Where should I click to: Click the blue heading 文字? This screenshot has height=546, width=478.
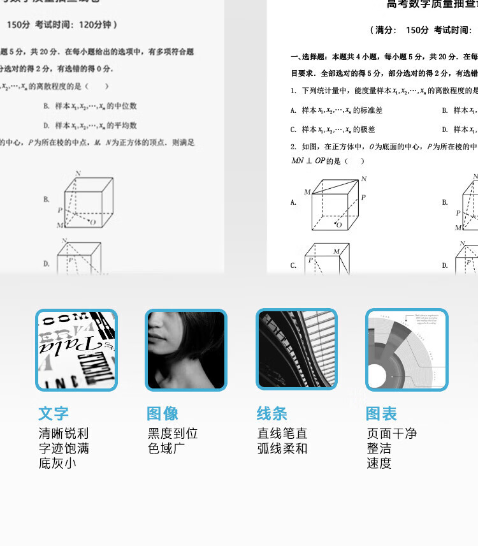click(54, 413)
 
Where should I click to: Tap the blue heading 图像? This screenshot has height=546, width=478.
click(163, 413)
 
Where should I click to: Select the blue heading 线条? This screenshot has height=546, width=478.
click(272, 413)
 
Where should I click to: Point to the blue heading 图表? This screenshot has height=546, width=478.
click(381, 413)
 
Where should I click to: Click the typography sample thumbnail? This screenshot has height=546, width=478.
click(76, 350)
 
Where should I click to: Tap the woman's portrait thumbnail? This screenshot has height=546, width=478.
click(186, 350)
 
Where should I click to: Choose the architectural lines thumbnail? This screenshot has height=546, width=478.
click(297, 350)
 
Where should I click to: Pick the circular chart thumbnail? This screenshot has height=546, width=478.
click(407, 350)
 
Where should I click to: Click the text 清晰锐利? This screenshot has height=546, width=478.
click(64, 434)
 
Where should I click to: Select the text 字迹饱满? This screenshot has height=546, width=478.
click(64, 448)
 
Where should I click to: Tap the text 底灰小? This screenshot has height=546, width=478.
click(57, 463)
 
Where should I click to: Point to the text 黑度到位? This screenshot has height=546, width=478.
click(173, 434)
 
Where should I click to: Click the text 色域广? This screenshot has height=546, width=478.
click(166, 448)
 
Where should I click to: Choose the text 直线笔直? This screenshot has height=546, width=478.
click(282, 434)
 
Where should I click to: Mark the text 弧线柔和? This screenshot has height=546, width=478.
click(282, 448)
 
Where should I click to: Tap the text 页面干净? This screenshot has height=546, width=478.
click(391, 434)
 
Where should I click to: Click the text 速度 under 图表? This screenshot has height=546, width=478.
click(379, 463)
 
